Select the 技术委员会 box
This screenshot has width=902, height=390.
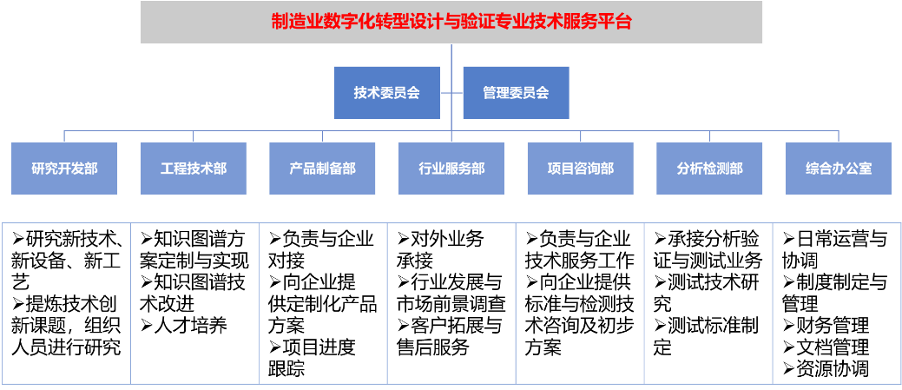coord(386,92)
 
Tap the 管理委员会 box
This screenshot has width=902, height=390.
coord(516,92)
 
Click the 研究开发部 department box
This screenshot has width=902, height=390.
coord(64,169)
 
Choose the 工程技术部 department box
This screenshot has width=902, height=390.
coord(194,169)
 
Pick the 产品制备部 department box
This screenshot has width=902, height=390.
coord(322,169)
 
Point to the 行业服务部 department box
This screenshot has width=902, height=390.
coord(451,169)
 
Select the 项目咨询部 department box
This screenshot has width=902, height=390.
coord(580,169)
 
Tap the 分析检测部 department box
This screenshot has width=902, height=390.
coord(709,169)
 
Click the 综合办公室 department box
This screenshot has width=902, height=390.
coord(839,169)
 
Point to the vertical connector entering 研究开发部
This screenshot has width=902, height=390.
coord(64,136)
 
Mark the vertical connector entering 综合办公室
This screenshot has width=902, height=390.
coord(839,136)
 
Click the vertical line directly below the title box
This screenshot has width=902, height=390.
coord(451,55)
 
